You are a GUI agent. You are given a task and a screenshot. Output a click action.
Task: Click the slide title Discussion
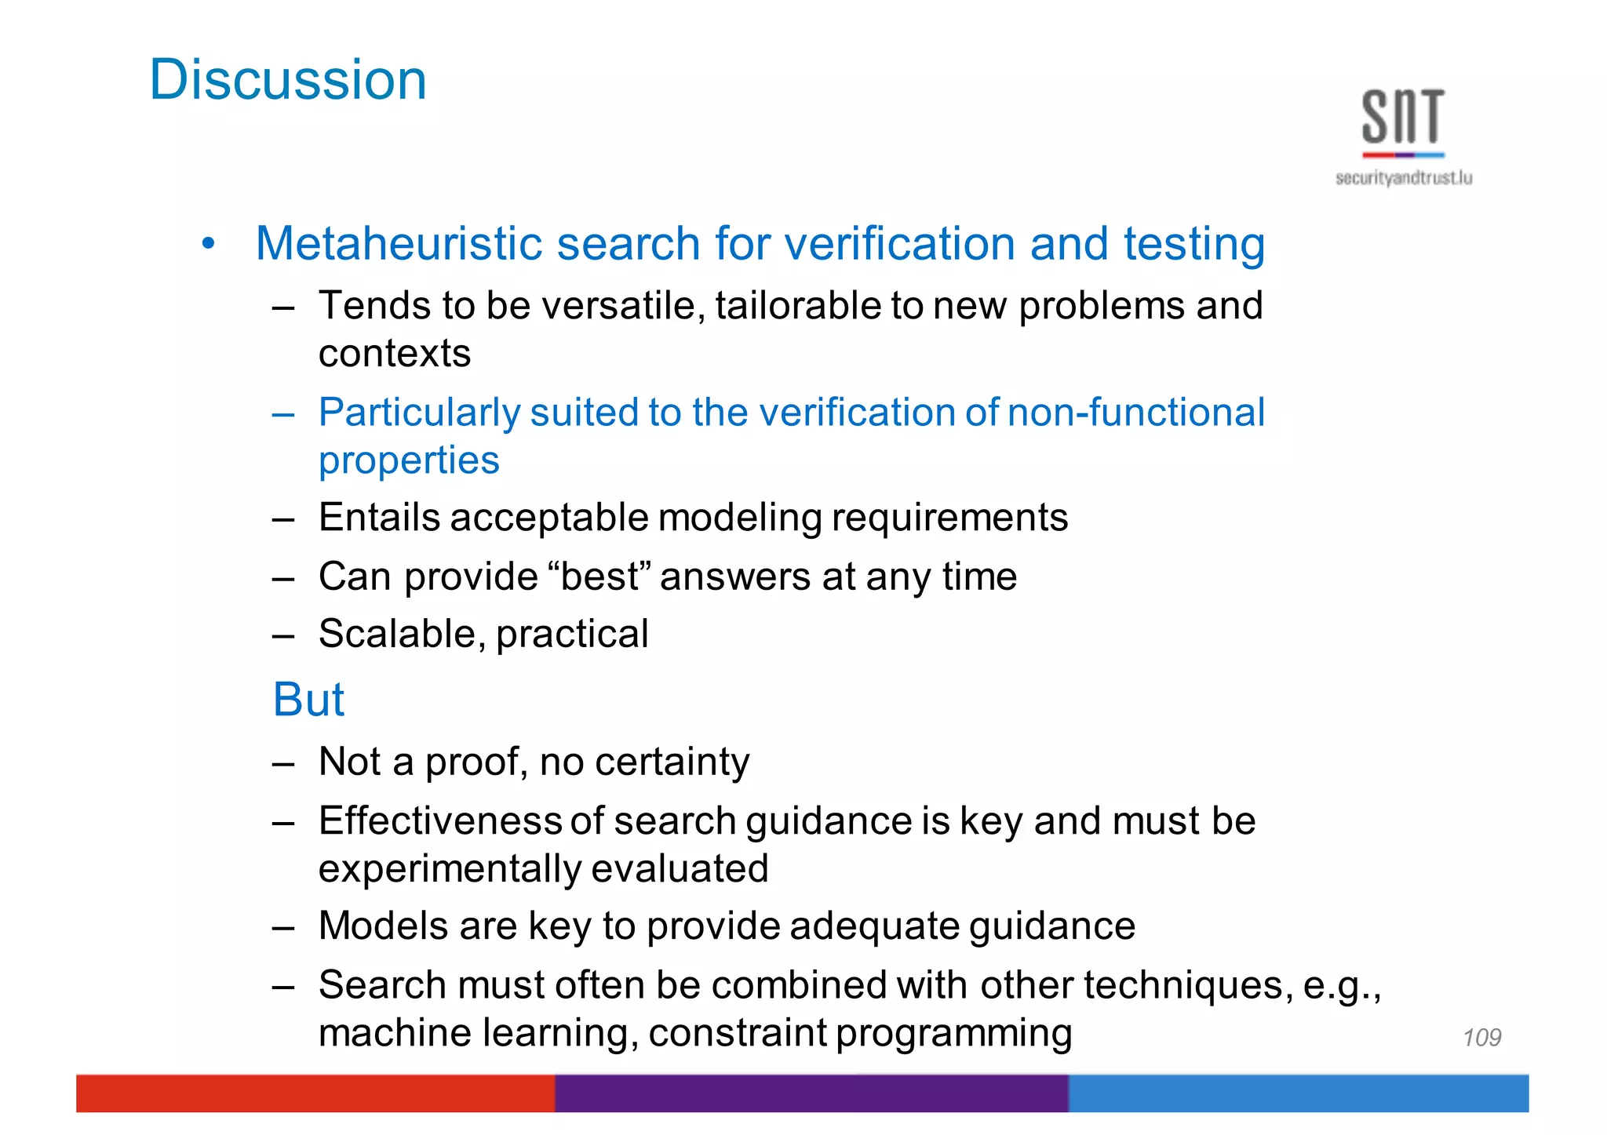287,80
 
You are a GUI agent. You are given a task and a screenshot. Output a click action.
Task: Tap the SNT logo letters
1402,117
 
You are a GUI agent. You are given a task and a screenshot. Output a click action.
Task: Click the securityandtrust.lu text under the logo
1403,178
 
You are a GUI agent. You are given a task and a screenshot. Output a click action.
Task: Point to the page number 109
1481,1038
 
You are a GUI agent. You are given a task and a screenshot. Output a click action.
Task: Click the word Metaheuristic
399,243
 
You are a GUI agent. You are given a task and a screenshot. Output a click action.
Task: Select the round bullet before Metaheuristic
208,244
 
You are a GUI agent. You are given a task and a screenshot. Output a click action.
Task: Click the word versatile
623,305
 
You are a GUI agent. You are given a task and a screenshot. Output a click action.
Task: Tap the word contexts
394,354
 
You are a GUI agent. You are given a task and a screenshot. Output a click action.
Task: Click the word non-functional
1135,412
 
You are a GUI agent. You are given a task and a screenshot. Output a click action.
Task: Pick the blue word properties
408,460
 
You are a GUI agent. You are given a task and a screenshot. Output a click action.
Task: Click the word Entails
379,518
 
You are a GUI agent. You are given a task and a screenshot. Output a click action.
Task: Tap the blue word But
308,699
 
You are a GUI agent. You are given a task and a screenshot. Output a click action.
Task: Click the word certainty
672,762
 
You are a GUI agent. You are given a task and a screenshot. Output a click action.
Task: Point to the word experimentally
450,869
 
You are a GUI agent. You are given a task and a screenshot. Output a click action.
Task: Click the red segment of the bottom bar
314,1093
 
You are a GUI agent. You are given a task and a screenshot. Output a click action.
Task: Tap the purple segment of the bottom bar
811,1093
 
